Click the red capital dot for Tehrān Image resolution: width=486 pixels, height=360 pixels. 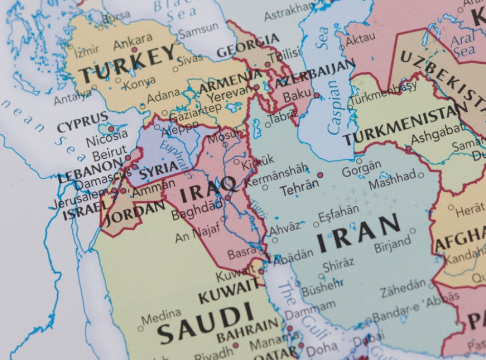pyautogui.click(x=320, y=175)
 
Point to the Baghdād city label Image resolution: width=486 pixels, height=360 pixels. pyautogui.click(x=197, y=209)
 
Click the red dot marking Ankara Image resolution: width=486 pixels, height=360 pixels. pyautogui.click(x=134, y=49)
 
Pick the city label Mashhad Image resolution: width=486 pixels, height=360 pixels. pyautogui.click(x=392, y=180)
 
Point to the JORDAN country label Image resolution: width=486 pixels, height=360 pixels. pyautogui.click(x=135, y=214)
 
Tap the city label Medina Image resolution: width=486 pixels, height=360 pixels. pyautogui.click(x=161, y=316)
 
